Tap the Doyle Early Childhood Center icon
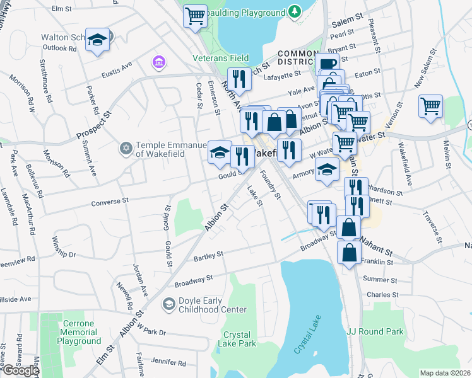coord(168,305)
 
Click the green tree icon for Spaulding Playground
coord(293,11)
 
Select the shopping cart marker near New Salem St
coord(430,105)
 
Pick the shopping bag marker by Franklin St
coord(349,253)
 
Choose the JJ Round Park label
coord(375,331)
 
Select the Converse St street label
coord(110,201)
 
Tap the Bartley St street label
coord(209,256)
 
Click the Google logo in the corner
coord(20,370)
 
